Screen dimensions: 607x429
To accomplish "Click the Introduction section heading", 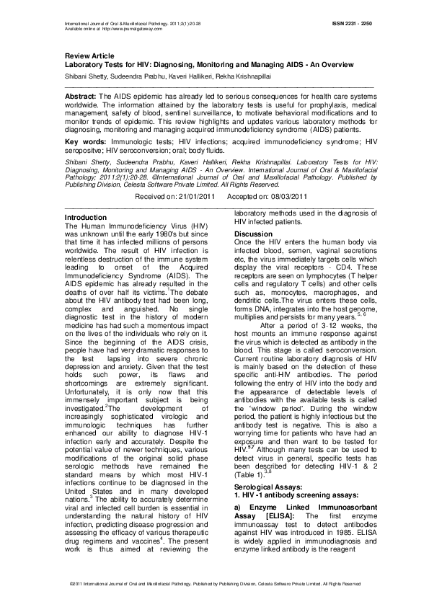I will [x=86, y=217].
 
